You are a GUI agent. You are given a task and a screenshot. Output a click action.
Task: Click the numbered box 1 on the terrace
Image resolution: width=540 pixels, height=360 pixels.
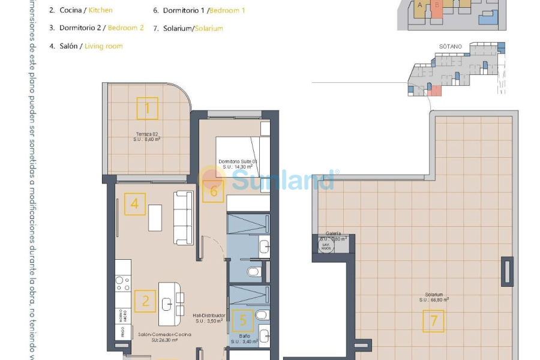tap(147, 109)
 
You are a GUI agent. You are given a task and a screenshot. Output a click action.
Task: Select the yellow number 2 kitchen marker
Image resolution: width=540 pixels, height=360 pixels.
tap(145, 301)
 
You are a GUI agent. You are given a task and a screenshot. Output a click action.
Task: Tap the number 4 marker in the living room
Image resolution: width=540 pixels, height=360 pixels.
tap(135, 204)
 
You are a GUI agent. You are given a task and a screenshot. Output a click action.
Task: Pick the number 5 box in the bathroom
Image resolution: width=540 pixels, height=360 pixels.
tap(243, 321)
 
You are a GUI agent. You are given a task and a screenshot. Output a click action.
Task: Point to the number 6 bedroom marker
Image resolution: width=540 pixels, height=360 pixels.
tap(213, 191)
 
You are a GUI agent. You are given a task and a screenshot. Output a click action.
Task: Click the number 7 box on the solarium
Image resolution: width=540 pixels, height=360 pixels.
tap(433, 321)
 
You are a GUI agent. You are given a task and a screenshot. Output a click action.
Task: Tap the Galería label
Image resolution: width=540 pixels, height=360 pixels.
tap(334, 233)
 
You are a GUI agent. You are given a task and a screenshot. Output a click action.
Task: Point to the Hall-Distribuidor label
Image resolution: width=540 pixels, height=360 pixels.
tap(209, 316)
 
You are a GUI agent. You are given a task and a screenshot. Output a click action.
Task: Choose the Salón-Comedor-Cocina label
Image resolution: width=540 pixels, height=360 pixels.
tap(164, 335)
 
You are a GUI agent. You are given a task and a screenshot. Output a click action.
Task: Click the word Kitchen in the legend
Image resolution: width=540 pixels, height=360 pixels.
tap(100, 10)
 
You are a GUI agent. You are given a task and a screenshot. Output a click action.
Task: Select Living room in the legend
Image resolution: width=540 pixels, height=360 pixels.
tap(104, 46)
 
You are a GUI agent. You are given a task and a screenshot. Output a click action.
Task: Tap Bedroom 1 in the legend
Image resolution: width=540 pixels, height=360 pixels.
tap(227, 10)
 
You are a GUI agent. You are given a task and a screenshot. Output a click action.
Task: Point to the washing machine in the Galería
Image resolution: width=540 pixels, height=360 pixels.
tap(326, 247)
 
